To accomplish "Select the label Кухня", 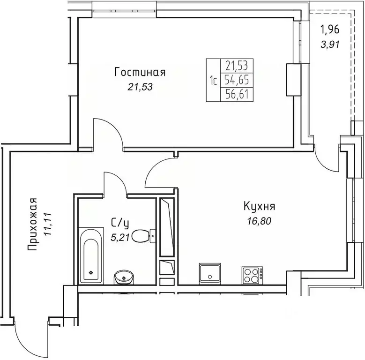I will [259, 206].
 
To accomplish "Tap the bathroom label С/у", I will [118, 222].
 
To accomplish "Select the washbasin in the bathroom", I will [124, 277].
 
